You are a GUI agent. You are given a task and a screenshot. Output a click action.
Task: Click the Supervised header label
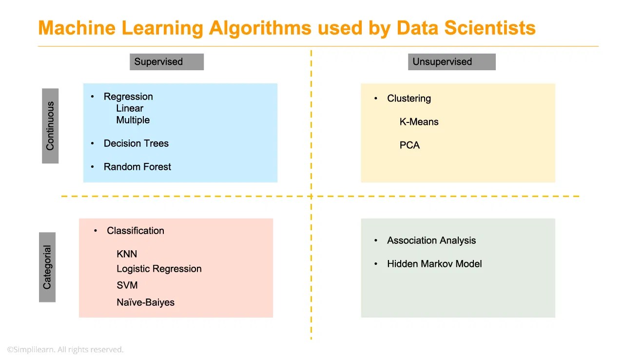(x=166, y=62)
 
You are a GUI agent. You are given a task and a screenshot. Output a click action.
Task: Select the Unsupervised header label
(x=451, y=62)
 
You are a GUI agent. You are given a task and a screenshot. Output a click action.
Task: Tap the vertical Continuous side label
(x=50, y=126)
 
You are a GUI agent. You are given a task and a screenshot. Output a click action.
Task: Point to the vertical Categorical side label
(x=47, y=267)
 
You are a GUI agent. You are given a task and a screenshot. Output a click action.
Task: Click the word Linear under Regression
(x=130, y=108)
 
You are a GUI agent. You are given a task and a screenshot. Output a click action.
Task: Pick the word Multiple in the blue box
(x=133, y=120)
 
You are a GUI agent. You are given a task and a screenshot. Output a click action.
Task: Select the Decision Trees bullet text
(x=136, y=143)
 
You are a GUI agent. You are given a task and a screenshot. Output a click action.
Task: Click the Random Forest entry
(x=137, y=167)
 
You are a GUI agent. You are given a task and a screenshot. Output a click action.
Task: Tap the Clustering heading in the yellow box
(x=409, y=99)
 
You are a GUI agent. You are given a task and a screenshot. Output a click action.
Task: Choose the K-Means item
(x=419, y=122)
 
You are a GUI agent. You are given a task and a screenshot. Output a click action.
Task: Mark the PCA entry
(x=409, y=145)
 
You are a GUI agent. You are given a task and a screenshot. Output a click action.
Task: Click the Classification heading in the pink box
(x=136, y=231)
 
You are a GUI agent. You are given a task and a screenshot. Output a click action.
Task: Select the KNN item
(x=127, y=254)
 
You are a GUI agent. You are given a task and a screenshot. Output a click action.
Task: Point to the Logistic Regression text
(x=159, y=269)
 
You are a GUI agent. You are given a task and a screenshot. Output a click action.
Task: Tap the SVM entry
(x=127, y=285)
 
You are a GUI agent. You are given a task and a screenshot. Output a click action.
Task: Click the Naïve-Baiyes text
(x=145, y=302)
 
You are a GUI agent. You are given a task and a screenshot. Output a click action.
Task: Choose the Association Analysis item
(x=431, y=240)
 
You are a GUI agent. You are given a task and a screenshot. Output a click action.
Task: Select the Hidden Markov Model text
(x=434, y=264)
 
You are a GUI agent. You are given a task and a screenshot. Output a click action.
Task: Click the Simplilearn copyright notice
(x=65, y=350)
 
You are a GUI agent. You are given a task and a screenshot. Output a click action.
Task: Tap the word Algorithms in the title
(x=260, y=28)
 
